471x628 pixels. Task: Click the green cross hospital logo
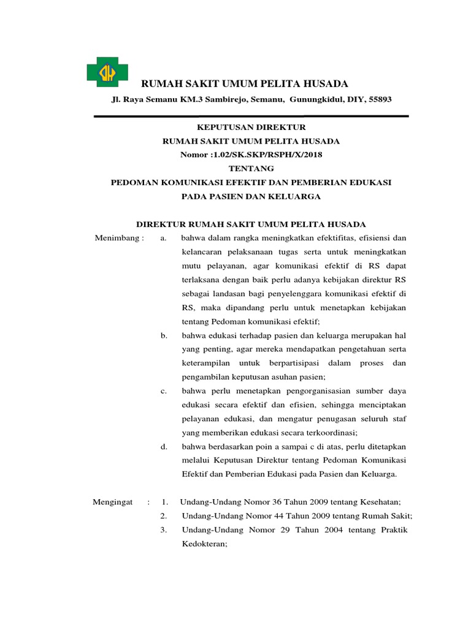(x=107, y=72)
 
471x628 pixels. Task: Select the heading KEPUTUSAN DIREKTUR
(x=250, y=128)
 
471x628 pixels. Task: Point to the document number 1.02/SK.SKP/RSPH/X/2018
(x=267, y=155)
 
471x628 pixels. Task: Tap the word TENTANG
(x=250, y=168)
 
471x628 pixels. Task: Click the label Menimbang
(x=119, y=238)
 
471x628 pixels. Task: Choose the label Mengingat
(x=113, y=502)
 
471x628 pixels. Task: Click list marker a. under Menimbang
(x=163, y=238)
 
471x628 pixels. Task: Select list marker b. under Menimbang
(x=164, y=335)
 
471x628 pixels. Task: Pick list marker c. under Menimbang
(x=164, y=391)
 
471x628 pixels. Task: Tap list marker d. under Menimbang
(x=164, y=446)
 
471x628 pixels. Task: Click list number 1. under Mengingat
(x=164, y=502)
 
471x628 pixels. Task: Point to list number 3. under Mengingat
(x=164, y=530)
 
